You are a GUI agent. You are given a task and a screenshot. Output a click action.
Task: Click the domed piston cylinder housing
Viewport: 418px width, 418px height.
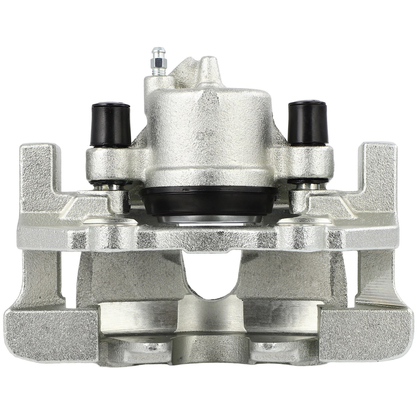206,136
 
